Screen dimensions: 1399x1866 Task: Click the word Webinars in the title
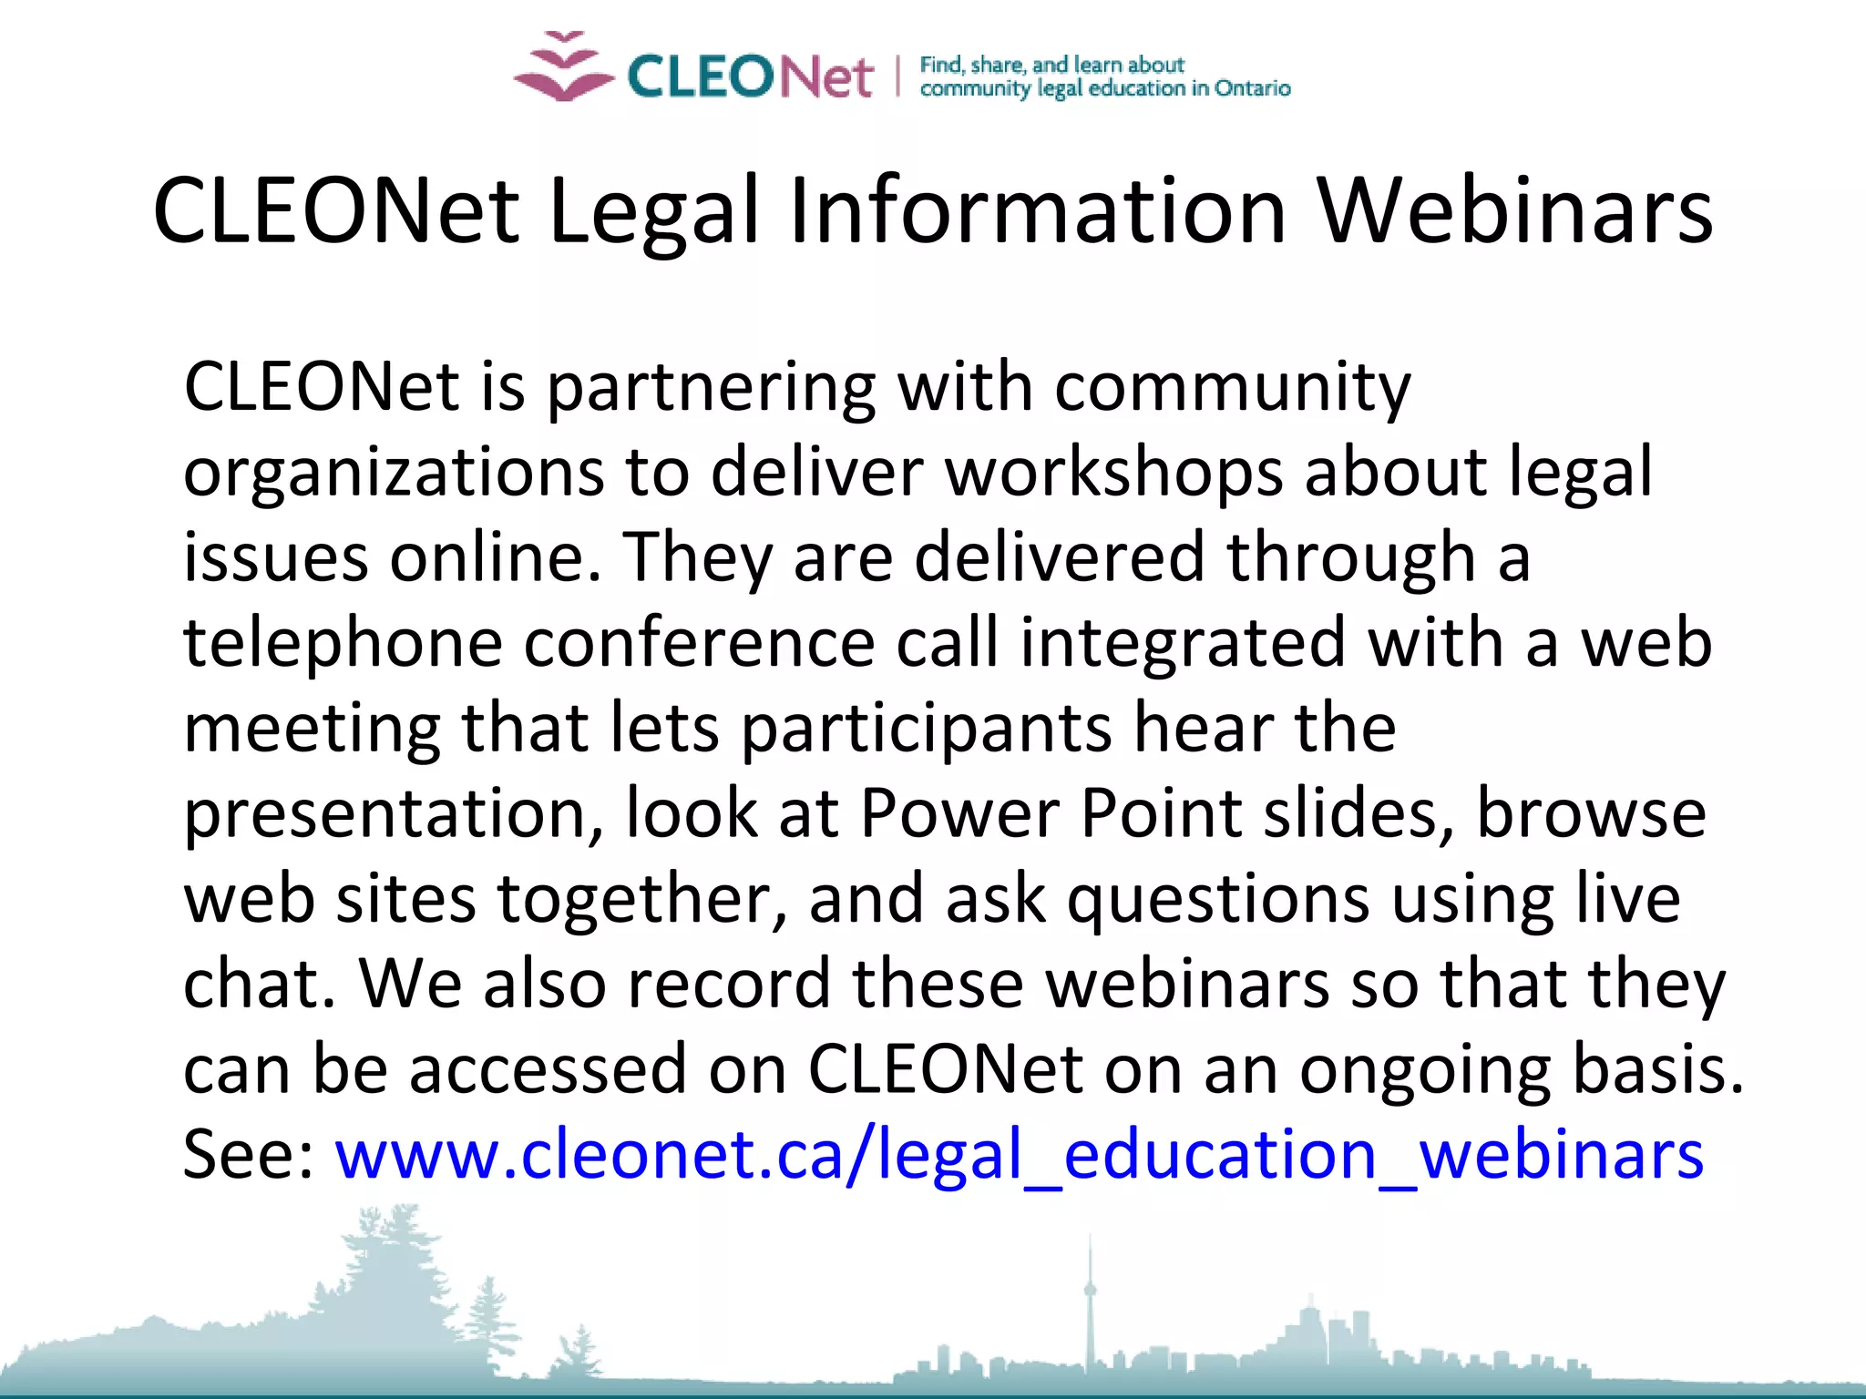coord(1515,211)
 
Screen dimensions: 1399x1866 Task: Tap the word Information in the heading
coord(1037,211)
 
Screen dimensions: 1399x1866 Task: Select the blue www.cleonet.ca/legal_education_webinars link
coord(1019,1155)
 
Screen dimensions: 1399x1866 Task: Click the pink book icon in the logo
coord(563,68)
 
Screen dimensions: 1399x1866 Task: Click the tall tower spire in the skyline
coord(1089,1293)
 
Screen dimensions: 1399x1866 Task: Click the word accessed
coord(548,1070)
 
